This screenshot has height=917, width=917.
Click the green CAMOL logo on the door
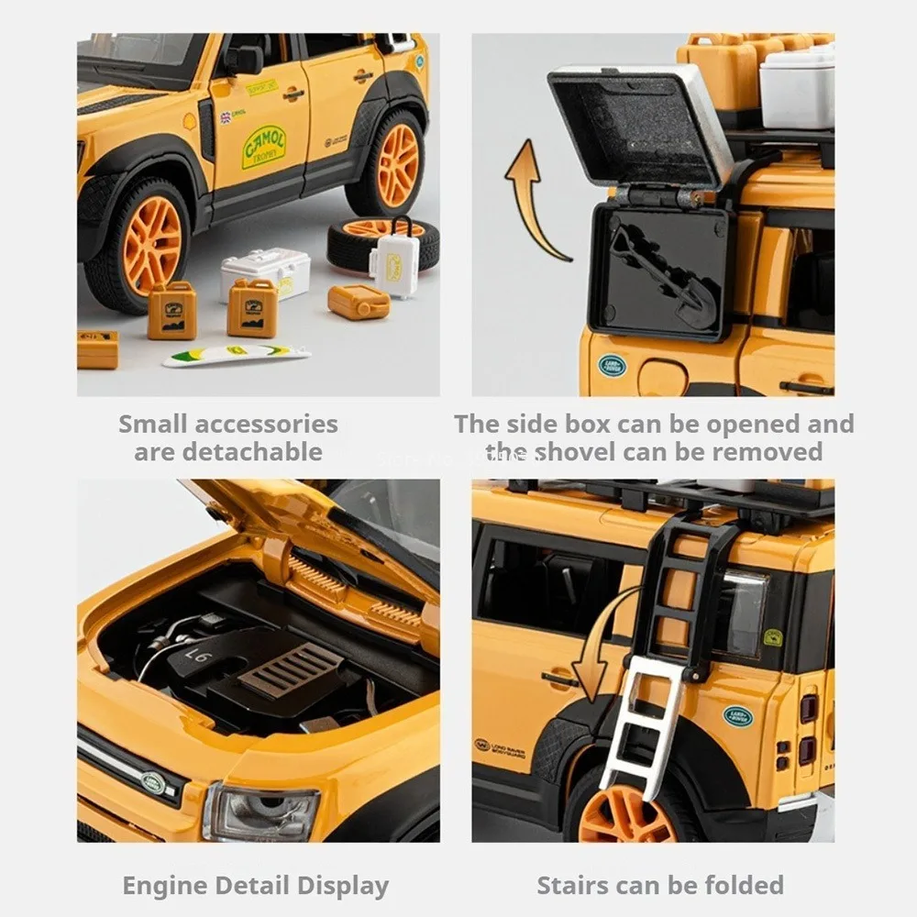pyautogui.click(x=263, y=147)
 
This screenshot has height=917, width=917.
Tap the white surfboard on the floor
pyautogui.click(x=237, y=355)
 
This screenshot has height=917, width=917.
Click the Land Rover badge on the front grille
pyautogui.click(x=153, y=784)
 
